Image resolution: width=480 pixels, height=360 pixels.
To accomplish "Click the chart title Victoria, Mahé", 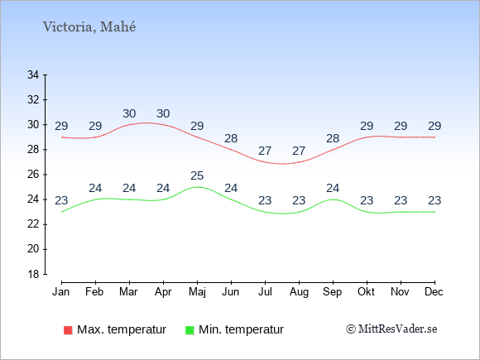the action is tap(89, 27).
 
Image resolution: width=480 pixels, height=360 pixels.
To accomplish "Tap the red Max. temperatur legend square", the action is tap(68, 330).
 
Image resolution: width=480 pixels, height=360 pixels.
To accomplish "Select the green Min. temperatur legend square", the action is tap(190, 330).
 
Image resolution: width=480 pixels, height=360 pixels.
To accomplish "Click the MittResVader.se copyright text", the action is tap(391, 329).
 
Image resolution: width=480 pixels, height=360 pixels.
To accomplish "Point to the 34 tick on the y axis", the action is tap(33, 74).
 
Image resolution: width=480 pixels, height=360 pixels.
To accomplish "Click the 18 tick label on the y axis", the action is tap(33, 274).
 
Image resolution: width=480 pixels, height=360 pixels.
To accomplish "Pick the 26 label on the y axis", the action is tap(33, 175).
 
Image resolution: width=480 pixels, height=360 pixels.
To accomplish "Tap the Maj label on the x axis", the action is tap(197, 292).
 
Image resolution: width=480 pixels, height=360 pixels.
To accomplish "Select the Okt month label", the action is tap(366, 292).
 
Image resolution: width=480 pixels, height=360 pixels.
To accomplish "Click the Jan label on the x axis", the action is tap(61, 292).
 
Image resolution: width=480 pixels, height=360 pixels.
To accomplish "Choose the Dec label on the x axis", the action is tap(434, 292).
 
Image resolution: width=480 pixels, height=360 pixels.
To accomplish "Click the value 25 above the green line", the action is tap(197, 175).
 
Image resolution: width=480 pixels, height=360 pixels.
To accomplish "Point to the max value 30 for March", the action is tap(129, 113).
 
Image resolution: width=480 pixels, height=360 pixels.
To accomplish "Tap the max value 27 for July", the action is tap(265, 151).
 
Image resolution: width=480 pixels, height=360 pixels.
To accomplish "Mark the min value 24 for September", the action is tap(333, 188).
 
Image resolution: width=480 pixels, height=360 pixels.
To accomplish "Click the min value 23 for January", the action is tap(61, 200).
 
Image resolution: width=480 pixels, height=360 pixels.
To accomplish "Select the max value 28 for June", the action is tap(231, 138).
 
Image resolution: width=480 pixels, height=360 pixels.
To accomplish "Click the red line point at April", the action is tap(163, 125).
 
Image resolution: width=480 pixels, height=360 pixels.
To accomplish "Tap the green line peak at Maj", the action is tap(197, 187).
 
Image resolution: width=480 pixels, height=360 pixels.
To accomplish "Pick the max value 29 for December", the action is tap(434, 126).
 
